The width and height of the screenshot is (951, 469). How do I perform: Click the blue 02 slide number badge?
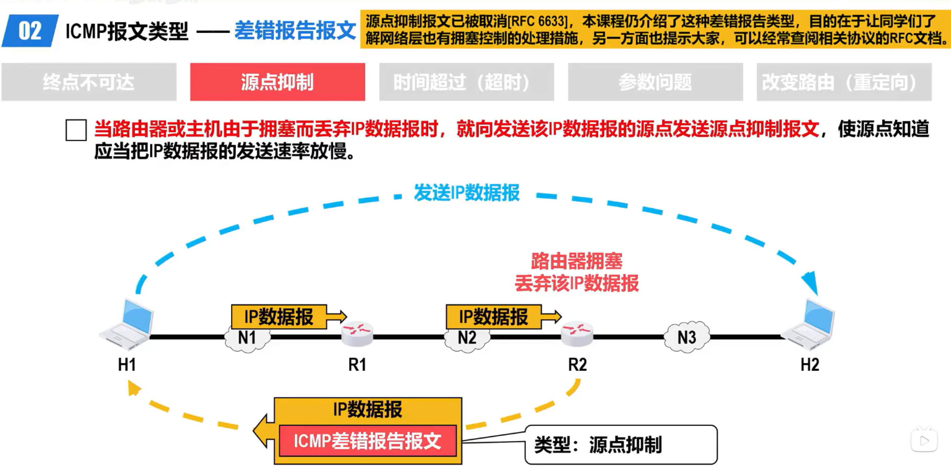(x=30, y=31)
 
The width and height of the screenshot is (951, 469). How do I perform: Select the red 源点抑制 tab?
(x=277, y=82)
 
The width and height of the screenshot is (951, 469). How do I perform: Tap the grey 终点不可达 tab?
(x=89, y=82)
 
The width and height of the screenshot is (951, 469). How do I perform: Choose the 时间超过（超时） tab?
(x=466, y=82)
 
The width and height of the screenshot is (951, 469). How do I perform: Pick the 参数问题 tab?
(x=655, y=82)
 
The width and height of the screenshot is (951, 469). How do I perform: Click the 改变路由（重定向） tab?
(x=844, y=82)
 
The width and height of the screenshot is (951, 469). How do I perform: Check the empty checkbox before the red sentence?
(x=76, y=130)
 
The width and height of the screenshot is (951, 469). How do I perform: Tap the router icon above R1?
(x=357, y=333)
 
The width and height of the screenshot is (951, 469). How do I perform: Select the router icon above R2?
(x=577, y=333)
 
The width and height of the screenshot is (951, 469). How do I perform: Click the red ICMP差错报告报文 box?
(x=368, y=441)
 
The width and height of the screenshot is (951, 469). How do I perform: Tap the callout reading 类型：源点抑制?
(x=621, y=445)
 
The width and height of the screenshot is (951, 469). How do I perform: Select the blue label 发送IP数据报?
(x=467, y=193)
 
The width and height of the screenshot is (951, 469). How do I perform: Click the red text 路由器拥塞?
(x=577, y=261)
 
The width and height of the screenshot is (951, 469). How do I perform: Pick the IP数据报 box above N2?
(x=493, y=316)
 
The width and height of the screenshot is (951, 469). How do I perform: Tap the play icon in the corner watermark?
(x=924, y=441)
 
